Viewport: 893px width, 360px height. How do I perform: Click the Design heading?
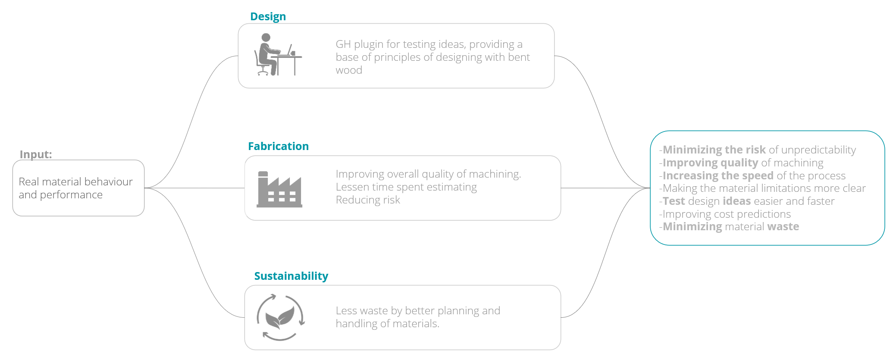[268, 16]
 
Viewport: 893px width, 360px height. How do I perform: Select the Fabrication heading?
[278, 146]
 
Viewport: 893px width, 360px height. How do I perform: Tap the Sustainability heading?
[291, 276]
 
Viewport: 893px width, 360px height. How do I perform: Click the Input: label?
[36, 154]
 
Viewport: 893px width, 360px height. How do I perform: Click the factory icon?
[279, 189]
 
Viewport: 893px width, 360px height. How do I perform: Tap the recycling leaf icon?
[280, 317]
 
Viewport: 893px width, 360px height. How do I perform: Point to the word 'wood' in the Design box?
[349, 70]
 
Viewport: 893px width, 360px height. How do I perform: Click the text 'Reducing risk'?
[368, 200]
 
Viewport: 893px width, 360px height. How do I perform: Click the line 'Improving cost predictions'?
[727, 214]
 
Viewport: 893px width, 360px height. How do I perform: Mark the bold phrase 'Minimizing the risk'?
[714, 150]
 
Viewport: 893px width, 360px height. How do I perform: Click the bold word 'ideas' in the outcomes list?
[736, 201]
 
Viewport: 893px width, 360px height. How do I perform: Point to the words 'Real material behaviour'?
[76, 182]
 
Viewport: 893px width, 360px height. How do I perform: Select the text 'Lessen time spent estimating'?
[406, 187]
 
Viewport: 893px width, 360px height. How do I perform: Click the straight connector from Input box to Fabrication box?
[194, 188]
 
